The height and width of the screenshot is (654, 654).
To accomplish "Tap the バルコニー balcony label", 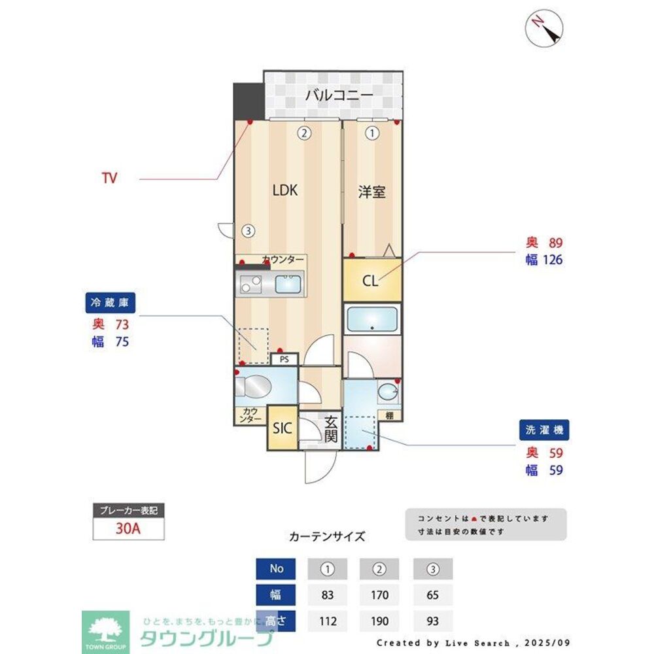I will (339, 95).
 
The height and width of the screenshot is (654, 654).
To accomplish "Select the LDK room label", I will (285, 190).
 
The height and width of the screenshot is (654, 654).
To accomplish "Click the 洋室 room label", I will (371, 192).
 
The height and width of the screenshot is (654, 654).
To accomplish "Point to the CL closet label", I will (370, 281).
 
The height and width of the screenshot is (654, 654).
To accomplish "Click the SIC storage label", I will (283, 429).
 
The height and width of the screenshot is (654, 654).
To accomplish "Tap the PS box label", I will (284, 360).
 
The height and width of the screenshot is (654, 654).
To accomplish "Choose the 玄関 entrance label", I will (332, 429).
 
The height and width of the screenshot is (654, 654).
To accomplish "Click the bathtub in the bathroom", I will (371, 320).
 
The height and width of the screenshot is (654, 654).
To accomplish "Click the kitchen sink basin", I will (288, 284).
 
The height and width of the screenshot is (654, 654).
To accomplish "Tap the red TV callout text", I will (109, 178).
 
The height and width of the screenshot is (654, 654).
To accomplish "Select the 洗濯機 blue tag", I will (544, 430).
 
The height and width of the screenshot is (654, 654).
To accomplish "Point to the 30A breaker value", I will (128, 529).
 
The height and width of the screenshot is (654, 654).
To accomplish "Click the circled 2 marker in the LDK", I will (303, 133).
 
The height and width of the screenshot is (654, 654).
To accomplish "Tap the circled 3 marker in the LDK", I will (247, 231).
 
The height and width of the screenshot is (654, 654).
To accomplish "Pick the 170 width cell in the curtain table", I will (379, 595).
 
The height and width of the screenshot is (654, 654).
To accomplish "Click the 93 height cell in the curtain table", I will (432, 621).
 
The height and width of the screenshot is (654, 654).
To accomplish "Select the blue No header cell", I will (277, 568).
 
